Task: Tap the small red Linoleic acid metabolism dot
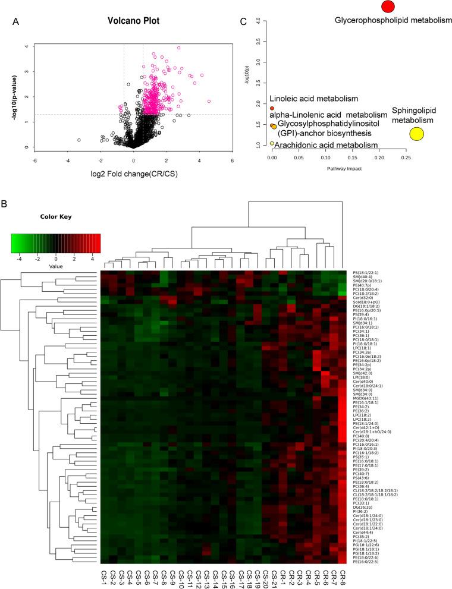[272, 109]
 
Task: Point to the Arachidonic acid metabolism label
[326, 145]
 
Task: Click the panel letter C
[243, 22]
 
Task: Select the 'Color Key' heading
[55, 216]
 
